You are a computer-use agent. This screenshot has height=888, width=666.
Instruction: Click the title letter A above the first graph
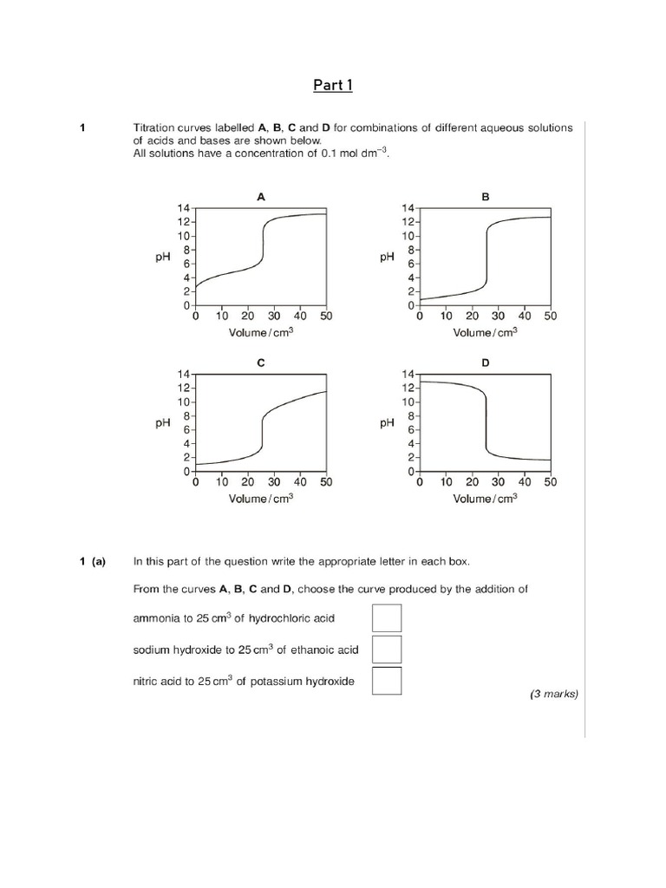click(261, 197)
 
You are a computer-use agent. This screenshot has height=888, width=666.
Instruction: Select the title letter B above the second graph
click(486, 197)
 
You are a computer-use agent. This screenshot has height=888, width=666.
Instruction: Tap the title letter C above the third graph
click(261, 363)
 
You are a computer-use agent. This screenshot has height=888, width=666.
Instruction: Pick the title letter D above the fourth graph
click(486, 363)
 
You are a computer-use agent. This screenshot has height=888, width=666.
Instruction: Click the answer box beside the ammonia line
click(387, 618)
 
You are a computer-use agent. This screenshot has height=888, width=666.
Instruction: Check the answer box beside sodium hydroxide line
click(387, 650)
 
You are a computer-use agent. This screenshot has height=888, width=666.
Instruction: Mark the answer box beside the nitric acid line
click(387, 681)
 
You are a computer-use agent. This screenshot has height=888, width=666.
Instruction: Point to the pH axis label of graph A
click(162, 257)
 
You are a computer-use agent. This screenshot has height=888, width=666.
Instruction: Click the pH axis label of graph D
click(387, 423)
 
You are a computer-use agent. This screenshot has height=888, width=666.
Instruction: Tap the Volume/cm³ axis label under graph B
click(485, 331)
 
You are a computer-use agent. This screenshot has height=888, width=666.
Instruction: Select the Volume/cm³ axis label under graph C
click(261, 498)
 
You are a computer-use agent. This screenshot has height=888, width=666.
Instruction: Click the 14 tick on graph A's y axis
click(183, 208)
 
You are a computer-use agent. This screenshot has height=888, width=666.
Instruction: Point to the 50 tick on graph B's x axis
click(551, 317)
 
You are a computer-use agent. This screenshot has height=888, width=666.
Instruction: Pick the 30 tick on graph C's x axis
click(274, 483)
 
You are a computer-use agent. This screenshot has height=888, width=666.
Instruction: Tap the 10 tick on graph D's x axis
click(446, 483)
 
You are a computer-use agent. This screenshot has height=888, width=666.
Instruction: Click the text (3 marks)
click(553, 694)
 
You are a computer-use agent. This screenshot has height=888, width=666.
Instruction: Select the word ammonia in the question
click(155, 618)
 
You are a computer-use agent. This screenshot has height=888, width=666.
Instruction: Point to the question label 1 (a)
click(92, 562)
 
